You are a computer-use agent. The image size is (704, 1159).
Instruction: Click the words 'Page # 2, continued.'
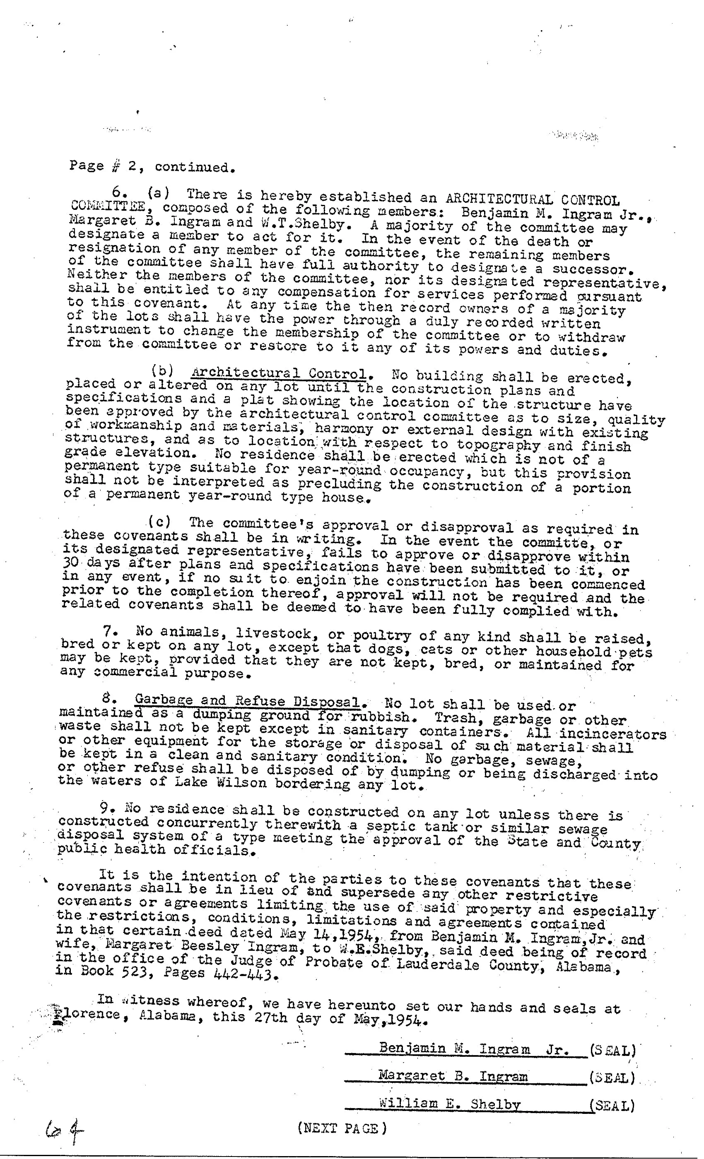click(152, 166)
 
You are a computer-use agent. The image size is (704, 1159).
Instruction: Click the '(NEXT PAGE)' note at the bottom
click(342, 1128)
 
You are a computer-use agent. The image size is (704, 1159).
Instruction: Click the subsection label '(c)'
click(159, 522)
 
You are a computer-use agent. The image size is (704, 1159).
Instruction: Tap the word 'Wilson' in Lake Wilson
click(242, 783)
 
